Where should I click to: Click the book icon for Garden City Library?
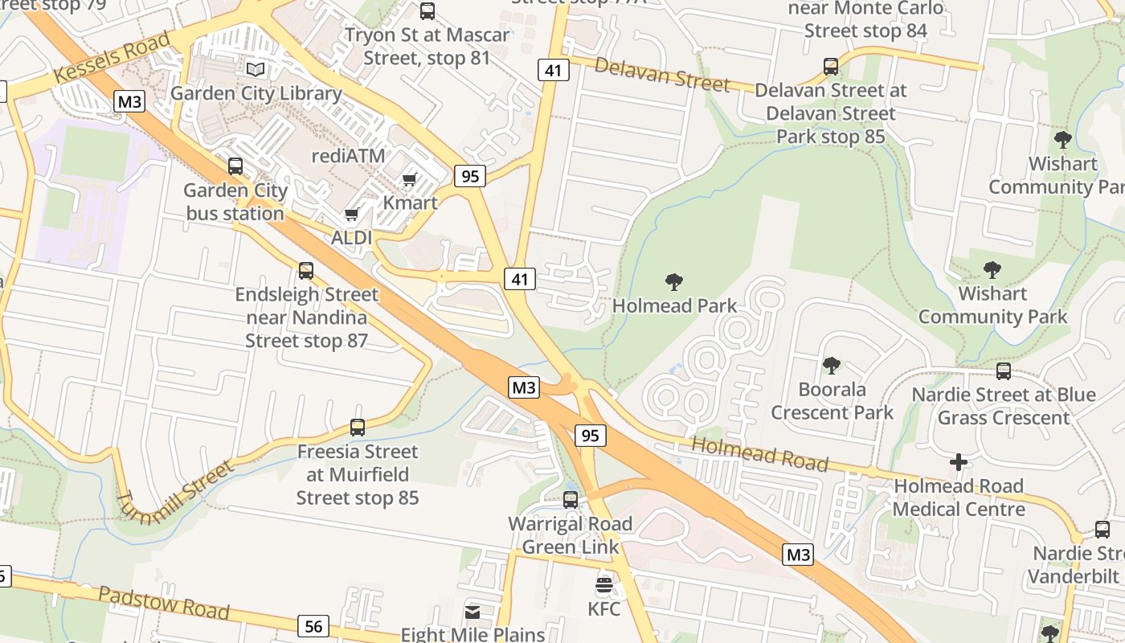click(256, 70)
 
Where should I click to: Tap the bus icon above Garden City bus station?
click(235, 166)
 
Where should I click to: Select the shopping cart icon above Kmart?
click(410, 179)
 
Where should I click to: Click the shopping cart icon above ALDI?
click(351, 215)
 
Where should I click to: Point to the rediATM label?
click(348, 155)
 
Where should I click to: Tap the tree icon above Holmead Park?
click(674, 282)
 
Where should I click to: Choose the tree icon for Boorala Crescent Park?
click(832, 366)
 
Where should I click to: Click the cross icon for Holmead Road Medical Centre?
click(958, 462)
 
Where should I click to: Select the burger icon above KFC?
click(604, 584)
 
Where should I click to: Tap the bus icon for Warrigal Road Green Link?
click(571, 500)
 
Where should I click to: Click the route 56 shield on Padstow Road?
click(313, 626)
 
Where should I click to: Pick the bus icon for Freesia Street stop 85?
click(358, 428)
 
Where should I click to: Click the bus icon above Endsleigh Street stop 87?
click(306, 271)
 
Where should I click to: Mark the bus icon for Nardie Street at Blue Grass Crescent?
click(1003, 371)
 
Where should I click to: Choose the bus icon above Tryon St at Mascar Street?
click(427, 11)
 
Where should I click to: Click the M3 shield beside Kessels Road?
click(129, 101)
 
